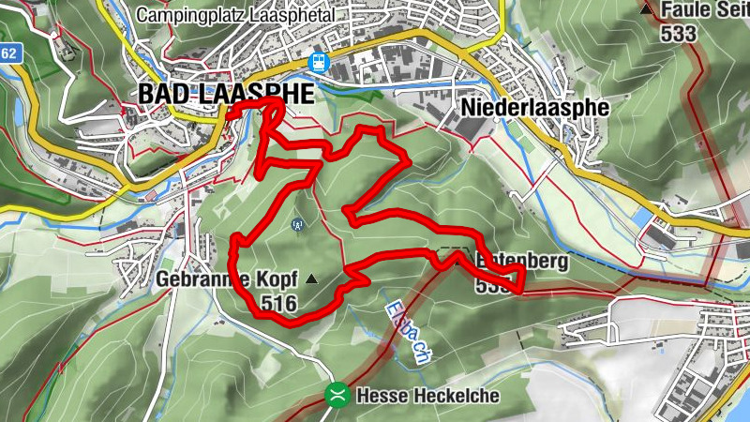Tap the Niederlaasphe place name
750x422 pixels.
coord(534,107)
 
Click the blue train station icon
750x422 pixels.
coord(319,61)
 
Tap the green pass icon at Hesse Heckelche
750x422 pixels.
coord(337,395)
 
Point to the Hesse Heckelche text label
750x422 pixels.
coord(427,396)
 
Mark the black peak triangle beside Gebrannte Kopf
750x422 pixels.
coord(311,279)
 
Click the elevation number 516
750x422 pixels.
coord(279,303)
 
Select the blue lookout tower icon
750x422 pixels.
coord(298,224)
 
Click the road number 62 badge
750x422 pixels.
coord(8,53)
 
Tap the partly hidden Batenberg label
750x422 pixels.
coord(520,263)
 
